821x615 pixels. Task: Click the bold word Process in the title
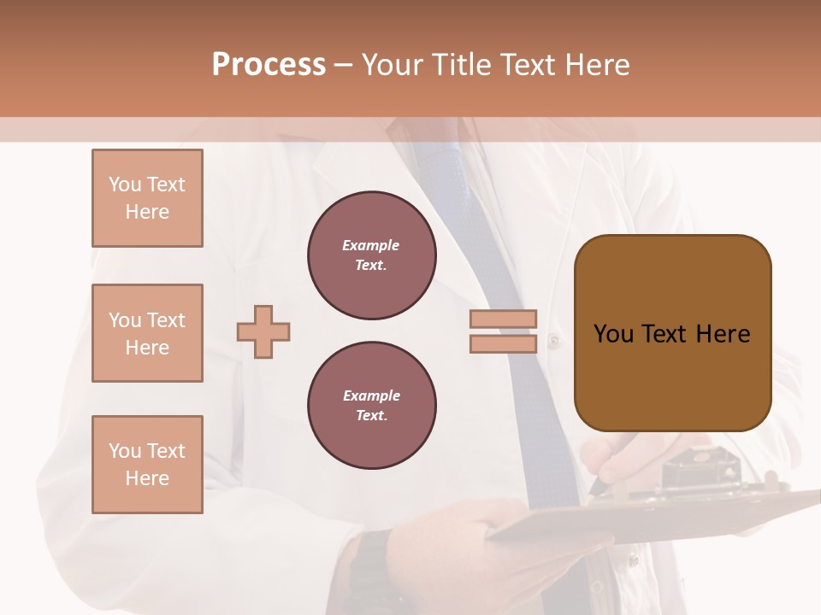click(269, 64)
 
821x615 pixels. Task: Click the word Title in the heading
click(461, 64)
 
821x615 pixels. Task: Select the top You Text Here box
click(147, 198)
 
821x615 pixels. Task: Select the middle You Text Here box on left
click(147, 333)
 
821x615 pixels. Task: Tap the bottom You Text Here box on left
click(147, 465)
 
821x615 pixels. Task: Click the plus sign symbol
click(263, 331)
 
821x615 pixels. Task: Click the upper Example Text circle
click(372, 255)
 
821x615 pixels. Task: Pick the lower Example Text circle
click(372, 405)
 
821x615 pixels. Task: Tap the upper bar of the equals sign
click(503, 319)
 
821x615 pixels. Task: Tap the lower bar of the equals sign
click(503, 343)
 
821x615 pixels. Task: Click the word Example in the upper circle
click(370, 245)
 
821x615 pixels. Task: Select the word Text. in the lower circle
click(371, 415)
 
